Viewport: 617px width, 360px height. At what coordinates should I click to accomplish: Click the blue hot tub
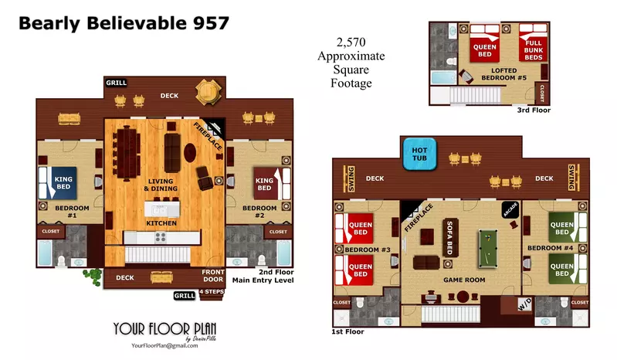tap(420, 151)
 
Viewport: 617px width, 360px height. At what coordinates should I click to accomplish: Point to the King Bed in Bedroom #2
tap(265, 183)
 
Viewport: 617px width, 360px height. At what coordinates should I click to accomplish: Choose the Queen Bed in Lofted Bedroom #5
tap(484, 50)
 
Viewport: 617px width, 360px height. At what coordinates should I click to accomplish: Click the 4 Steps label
tap(211, 292)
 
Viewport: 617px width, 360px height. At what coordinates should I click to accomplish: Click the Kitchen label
tap(161, 223)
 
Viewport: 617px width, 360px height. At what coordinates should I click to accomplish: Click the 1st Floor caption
tap(348, 331)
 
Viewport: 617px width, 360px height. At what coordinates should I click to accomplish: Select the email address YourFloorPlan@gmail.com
tap(164, 346)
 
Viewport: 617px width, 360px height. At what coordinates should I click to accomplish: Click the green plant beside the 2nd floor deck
tap(94, 274)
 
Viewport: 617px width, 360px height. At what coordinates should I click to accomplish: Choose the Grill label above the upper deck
tap(117, 83)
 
